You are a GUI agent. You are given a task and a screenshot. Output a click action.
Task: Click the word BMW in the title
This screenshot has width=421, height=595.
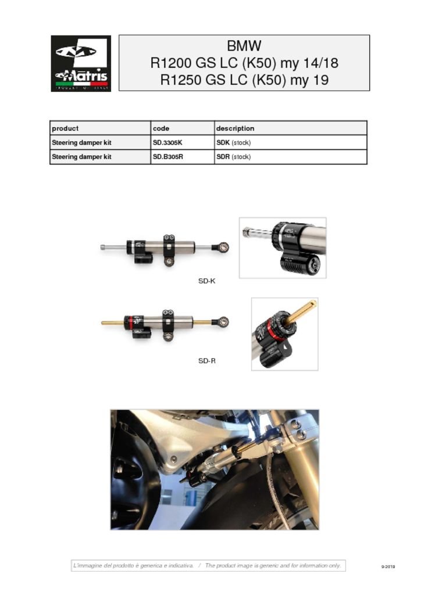click(x=244, y=46)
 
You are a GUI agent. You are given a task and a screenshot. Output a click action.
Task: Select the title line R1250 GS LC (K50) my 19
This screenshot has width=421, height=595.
click(x=244, y=80)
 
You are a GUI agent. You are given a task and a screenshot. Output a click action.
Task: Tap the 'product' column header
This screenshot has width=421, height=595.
click(x=65, y=128)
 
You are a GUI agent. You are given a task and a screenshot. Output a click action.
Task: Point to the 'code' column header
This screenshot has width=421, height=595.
click(x=161, y=128)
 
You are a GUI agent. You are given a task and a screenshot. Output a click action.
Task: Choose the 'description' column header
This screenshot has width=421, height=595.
click(x=235, y=128)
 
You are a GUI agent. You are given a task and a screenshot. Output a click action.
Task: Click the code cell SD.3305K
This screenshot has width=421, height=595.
click(x=168, y=142)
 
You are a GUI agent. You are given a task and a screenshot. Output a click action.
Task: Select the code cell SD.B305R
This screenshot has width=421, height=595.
click(x=168, y=157)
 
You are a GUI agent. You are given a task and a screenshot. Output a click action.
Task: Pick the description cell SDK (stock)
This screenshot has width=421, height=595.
click(x=233, y=142)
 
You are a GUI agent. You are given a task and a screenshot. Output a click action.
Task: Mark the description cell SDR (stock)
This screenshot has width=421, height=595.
click(x=233, y=157)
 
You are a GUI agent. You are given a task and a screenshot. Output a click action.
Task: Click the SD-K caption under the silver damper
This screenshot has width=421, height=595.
click(x=207, y=281)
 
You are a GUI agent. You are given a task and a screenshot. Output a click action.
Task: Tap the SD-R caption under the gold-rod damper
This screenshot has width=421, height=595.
click(x=207, y=361)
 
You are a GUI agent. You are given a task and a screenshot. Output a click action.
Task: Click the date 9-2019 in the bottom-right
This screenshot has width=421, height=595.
click(x=388, y=567)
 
